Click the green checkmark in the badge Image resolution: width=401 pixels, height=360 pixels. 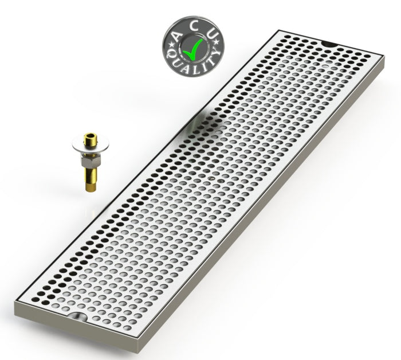192,49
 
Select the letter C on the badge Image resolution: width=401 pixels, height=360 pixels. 195,26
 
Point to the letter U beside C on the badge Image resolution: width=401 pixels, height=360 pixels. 212,35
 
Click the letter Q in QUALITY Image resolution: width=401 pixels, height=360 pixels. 171,54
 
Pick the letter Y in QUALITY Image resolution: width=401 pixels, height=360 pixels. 215,54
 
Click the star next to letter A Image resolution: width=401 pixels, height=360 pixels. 170,45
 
